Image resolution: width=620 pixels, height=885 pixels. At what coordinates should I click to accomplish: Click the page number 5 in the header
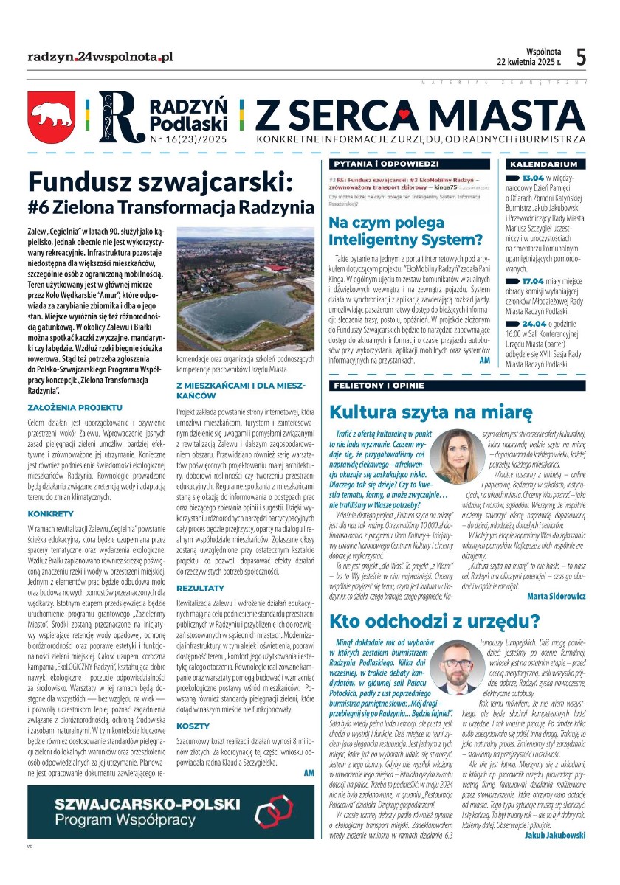pyautogui.click(x=581, y=57)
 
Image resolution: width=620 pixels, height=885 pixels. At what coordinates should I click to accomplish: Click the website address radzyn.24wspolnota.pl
pyautogui.click(x=100, y=57)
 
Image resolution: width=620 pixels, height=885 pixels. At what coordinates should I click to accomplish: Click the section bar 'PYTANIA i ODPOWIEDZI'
pyautogui.click(x=386, y=164)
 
